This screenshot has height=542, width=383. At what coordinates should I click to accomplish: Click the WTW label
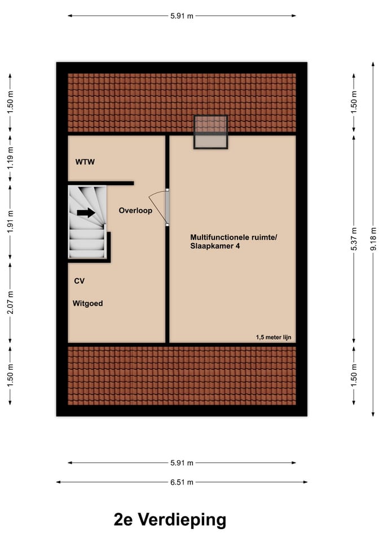tap(85, 163)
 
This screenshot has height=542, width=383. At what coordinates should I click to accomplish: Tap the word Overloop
tap(135, 211)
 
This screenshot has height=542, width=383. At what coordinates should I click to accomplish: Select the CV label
tap(79, 281)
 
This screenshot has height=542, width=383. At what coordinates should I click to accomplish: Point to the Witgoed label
tap(87, 303)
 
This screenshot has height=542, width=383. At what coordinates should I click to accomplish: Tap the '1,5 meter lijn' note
tap(273, 337)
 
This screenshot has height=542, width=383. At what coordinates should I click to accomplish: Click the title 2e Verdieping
tap(170, 519)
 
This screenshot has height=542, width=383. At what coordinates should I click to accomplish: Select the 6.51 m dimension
tap(182, 482)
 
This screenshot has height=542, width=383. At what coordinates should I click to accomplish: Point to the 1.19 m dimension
tap(10, 159)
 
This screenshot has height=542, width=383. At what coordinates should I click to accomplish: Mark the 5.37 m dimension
tap(354, 239)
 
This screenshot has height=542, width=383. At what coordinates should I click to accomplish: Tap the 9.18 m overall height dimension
tap(373, 239)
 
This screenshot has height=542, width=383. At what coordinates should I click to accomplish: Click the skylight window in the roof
tap(211, 132)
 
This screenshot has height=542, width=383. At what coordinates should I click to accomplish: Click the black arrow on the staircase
tap(86, 213)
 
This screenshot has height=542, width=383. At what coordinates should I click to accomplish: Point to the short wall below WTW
tap(101, 183)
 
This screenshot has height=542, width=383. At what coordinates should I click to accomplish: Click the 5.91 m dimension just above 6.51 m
tap(182, 462)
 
